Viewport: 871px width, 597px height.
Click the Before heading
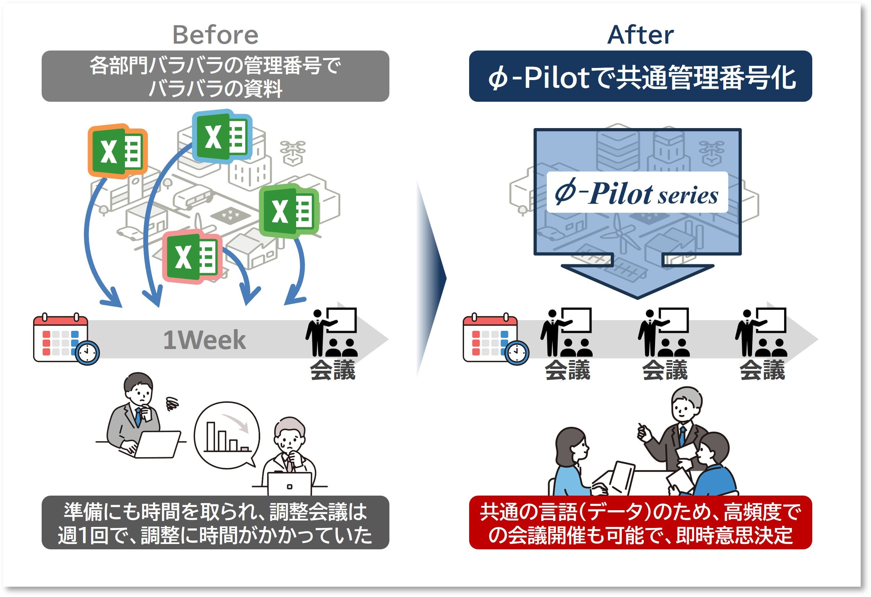pos(215,35)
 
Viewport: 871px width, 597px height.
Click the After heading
pos(640,35)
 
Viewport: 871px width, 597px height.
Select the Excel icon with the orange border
pos(118,151)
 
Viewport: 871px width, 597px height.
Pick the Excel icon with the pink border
pos(192,257)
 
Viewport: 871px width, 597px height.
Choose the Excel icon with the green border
pos(289,211)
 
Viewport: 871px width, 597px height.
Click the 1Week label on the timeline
pos(204,340)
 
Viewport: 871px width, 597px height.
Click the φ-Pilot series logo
pos(637,193)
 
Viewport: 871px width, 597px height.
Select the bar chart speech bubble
pos(227,435)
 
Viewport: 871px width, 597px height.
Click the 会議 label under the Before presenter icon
pos(332,370)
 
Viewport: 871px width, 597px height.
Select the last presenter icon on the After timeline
pos(761,332)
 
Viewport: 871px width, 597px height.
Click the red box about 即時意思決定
pos(640,523)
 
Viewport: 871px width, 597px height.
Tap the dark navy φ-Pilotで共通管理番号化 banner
pos(640,76)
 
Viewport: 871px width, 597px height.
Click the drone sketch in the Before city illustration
pos(292,152)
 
